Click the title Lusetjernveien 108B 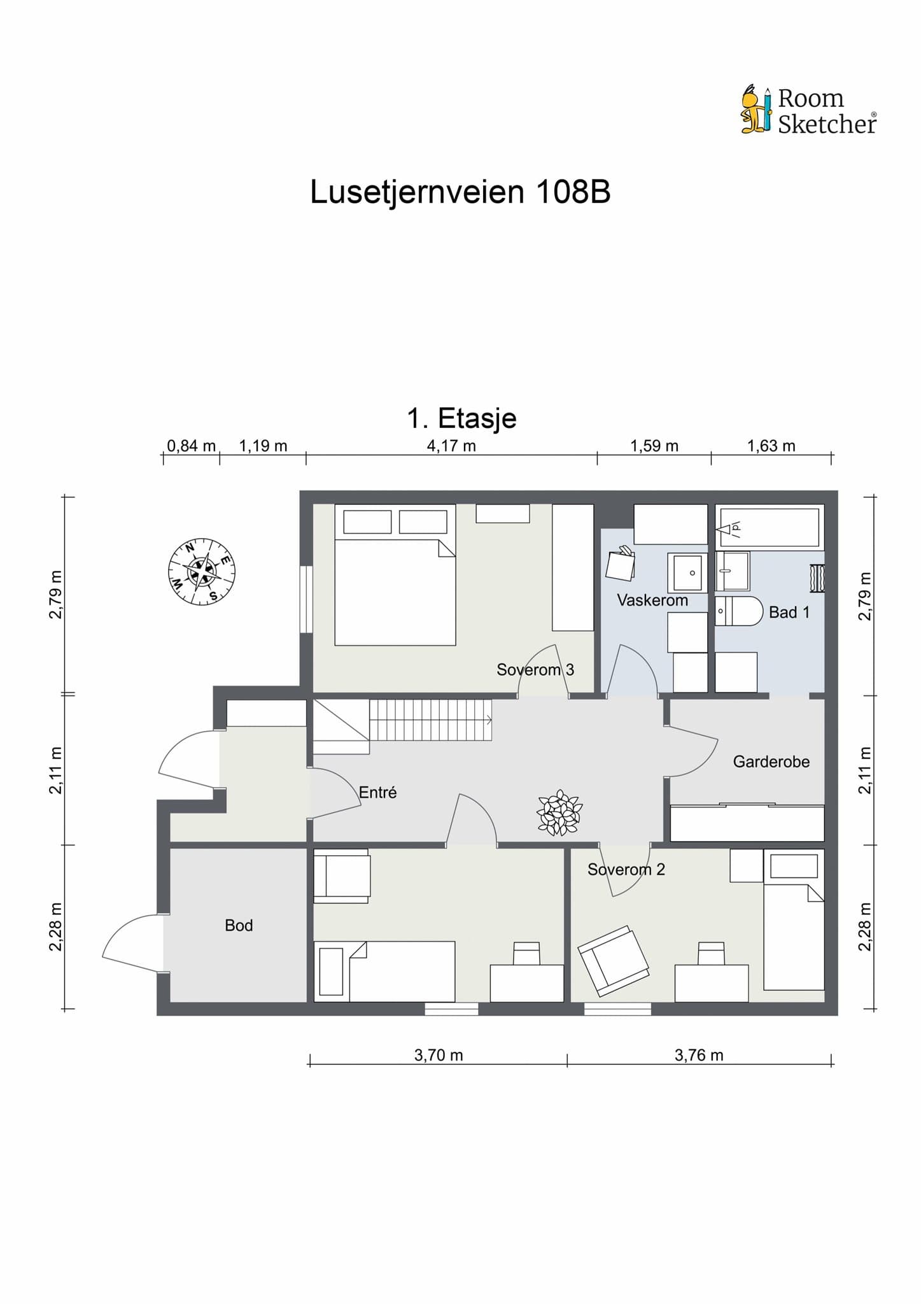[x=460, y=192]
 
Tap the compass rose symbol [x=202, y=571]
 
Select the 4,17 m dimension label [x=451, y=446]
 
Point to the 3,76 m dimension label [x=699, y=1055]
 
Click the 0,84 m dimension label [x=192, y=446]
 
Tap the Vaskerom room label [x=652, y=600]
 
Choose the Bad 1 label [x=789, y=612]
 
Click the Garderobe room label [x=771, y=762]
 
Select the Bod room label [x=239, y=925]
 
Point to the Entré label [x=378, y=792]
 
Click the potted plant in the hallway [x=559, y=812]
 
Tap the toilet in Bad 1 [x=739, y=611]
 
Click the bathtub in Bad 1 [x=770, y=527]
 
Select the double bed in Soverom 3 [x=395, y=575]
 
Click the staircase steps [x=431, y=720]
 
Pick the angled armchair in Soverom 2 [x=614, y=961]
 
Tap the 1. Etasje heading [x=461, y=418]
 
